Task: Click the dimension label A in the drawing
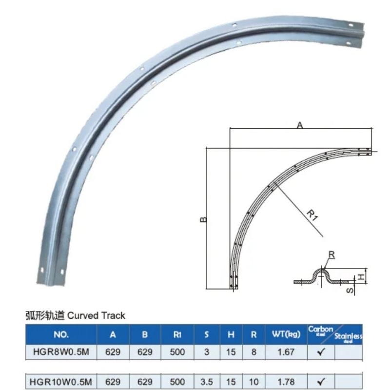coord(300,125)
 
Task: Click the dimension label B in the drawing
coord(203,219)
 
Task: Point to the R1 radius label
coord(312,214)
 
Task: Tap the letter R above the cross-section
coord(331,254)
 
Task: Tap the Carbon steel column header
coord(320,331)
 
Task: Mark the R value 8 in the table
coord(253,351)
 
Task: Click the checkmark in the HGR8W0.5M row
coord(321,351)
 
